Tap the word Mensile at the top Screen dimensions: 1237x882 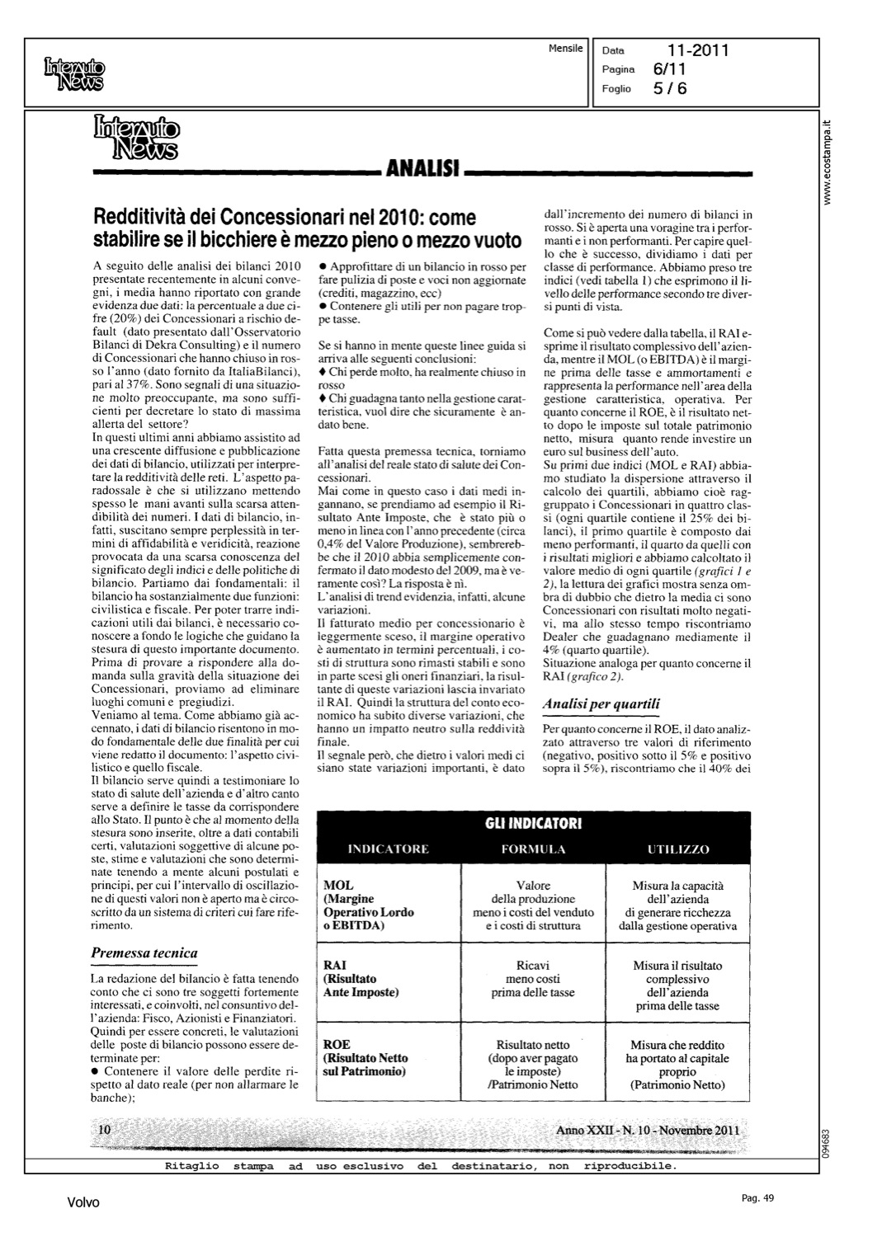pos(565,49)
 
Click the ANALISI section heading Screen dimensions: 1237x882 pos(423,170)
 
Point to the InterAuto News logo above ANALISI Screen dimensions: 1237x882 pos(137,136)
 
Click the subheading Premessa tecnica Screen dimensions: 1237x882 pos(144,953)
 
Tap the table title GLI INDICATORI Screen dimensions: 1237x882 pos(533,824)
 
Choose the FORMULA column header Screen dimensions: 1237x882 pos(533,849)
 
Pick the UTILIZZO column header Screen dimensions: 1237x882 pos(678,849)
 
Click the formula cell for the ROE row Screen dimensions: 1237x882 pos(533,1065)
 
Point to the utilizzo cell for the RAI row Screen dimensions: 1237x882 pos(677,985)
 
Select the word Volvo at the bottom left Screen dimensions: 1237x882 pos(83,1203)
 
